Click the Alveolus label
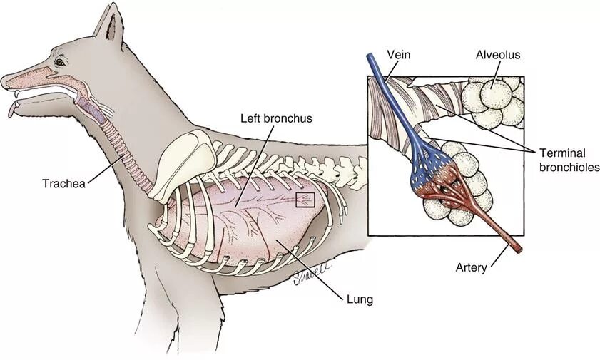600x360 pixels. click(497, 55)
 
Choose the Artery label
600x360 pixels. click(471, 268)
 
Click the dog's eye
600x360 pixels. click(59, 63)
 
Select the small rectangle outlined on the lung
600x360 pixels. click(305, 199)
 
